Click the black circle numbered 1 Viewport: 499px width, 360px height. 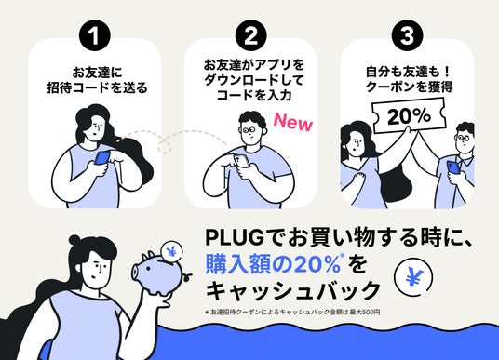click(95, 35)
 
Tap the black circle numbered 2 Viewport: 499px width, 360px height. click(251, 35)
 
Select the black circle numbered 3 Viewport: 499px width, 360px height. click(408, 35)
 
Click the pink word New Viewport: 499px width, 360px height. click(293, 122)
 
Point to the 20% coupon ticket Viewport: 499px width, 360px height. click(409, 115)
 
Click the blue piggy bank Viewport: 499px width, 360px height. click(160, 272)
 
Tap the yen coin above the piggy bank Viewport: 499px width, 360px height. click(172, 251)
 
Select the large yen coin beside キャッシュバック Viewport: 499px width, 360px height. click(413, 277)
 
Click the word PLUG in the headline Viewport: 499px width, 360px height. click(235, 237)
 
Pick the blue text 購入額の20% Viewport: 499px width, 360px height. click(274, 264)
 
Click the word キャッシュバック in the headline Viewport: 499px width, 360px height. click(292, 290)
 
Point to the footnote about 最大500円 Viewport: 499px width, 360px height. click(292, 312)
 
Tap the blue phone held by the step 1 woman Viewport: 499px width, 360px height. click(102, 158)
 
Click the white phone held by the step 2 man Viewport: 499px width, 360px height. click(242, 161)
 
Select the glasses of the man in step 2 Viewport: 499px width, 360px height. click(249, 130)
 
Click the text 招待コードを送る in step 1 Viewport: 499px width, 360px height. click(98, 87)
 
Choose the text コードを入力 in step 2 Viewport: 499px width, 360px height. click(254, 95)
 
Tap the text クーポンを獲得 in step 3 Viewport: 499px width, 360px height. click(409, 87)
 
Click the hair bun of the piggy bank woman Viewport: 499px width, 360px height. click(75, 240)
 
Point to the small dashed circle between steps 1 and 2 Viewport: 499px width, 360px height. click(164, 147)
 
